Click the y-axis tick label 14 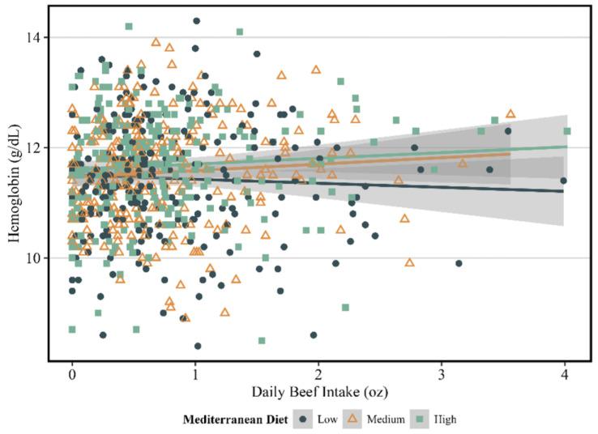point(38,38)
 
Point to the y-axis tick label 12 point(38,147)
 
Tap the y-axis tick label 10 point(38,257)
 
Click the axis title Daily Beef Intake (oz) point(318,393)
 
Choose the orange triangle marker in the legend point(352,419)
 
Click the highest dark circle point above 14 point(196,21)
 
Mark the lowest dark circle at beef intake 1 point(198,346)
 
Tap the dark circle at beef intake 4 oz point(563,181)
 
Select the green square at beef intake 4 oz point(567,131)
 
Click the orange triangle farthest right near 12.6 point(510,114)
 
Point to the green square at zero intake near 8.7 point(72,330)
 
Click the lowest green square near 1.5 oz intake point(262,340)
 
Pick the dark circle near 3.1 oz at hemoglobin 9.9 point(459,263)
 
